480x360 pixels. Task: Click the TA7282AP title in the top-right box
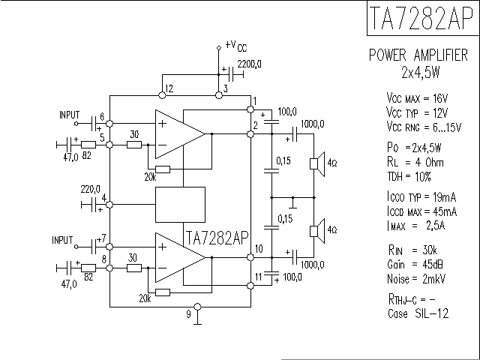coord(421,19)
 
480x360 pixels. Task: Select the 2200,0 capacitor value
coord(250,64)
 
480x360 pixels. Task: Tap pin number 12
coord(169,88)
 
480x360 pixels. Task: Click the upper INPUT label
coord(70,115)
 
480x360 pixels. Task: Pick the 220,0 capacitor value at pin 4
coord(90,189)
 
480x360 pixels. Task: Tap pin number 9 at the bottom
coord(188,314)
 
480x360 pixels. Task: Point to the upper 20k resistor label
coord(149,176)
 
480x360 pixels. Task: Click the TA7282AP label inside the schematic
coord(216,238)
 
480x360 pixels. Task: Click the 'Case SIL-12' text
coord(418,313)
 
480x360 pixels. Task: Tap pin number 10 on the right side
coord(259,248)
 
